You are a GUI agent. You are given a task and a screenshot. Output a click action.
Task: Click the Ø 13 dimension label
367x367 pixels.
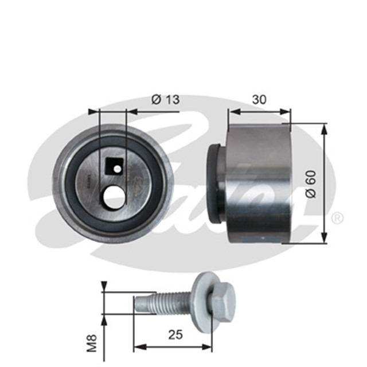point(165,99)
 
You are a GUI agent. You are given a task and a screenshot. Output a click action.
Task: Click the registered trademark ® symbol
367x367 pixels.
point(338,217)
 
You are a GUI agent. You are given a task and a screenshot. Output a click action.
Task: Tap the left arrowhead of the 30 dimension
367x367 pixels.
point(232,111)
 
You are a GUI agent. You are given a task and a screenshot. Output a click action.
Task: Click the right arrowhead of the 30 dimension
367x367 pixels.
point(287,111)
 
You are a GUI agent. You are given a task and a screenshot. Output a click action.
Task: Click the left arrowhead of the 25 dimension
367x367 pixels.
point(138,346)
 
